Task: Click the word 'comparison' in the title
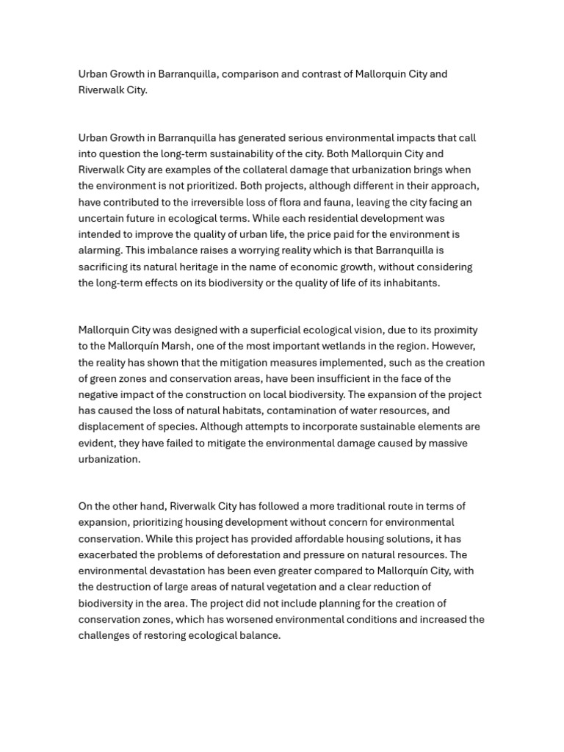coord(250,74)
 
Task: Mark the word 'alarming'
coord(101,251)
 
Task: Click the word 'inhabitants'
coord(408,283)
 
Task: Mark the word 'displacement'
coord(111,427)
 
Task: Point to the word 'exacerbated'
coord(109,555)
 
